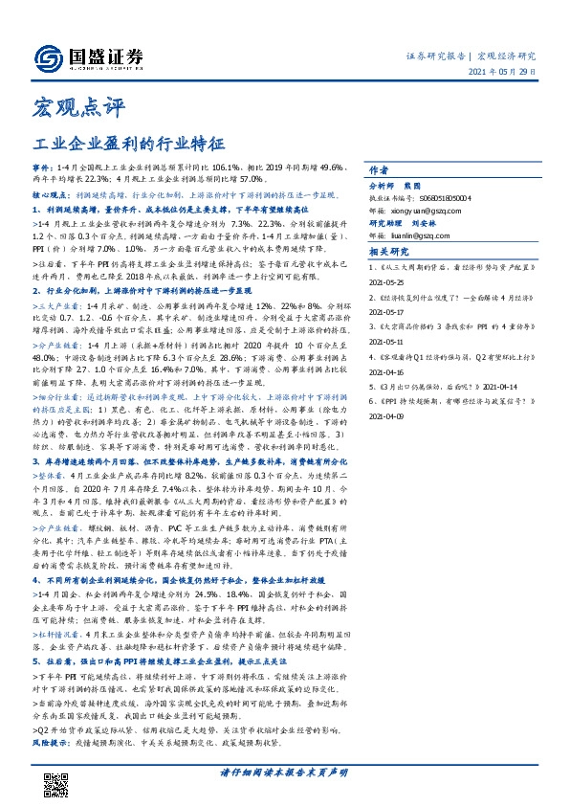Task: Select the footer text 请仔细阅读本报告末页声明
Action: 285,772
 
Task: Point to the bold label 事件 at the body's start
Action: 41,166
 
